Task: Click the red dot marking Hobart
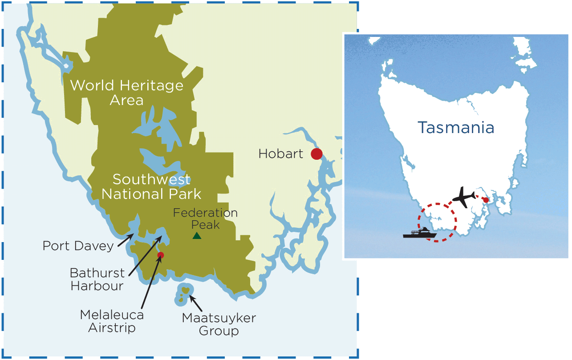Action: (x=316, y=154)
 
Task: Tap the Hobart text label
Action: (x=280, y=154)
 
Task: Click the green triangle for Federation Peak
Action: (x=196, y=236)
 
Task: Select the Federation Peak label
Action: (x=205, y=218)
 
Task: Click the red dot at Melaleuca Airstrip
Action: (x=161, y=255)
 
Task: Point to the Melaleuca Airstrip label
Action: (x=112, y=321)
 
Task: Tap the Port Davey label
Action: (x=78, y=246)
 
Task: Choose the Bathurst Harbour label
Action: (x=97, y=279)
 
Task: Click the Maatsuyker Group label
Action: (x=219, y=324)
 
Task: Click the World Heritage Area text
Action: (x=127, y=92)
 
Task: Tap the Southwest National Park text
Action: (x=151, y=187)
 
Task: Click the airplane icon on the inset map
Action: (x=463, y=197)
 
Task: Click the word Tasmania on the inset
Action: (x=456, y=128)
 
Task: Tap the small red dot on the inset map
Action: (x=486, y=200)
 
